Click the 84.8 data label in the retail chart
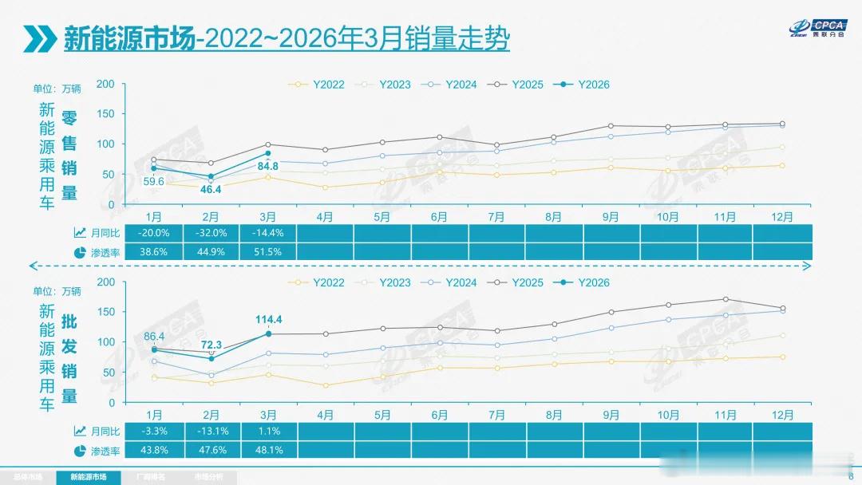pyautogui.click(x=268, y=167)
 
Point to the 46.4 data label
pyautogui.click(x=212, y=189)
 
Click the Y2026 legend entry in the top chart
pyautogui.click(x=587, y=84)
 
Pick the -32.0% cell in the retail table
pyautogui.click(x=211, y=233)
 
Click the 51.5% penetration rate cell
pyautogui.click(x=268, y=252)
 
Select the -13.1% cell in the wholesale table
pyautogui.click(x=211, y=432)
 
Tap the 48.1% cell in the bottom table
pyautogui.click(x=268, y=451)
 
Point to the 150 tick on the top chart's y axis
pyautogui.click(x=105, y=114)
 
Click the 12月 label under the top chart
pyautogui.click(x=783, y=216)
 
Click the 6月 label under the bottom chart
pyautogui.click(x=439, y=415)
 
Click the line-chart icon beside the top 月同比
pyautogui.click(x=80, y=233)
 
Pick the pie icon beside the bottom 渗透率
pyautogui.click(x=80, y=451)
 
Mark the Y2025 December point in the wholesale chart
pyautogui.click(x=783, y=309)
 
